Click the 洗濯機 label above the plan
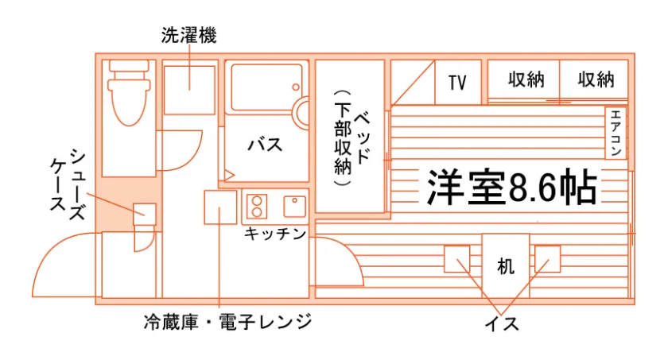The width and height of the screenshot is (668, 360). pos(188,35)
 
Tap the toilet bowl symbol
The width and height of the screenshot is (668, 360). pos(129,94)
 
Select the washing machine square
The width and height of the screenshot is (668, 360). pos(189,91)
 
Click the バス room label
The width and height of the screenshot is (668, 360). pos(266,145)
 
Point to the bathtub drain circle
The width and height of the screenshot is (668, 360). pos(296,87)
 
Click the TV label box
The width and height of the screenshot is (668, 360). pos(458,82)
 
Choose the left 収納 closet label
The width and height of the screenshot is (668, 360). pos(526,79)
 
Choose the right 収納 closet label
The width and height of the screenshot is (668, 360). pos(596,79)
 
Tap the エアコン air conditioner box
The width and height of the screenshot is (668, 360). pos(616,134)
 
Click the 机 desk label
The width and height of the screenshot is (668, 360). pos(506,267)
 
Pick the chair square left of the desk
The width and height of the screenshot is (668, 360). pos(457,259)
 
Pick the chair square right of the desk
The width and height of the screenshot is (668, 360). pos(547,259)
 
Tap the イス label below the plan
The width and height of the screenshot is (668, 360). pos(503,324)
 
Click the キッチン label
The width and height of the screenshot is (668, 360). pos(275,234)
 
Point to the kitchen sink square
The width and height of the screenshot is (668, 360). pos(295,207)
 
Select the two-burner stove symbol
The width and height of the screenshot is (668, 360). pos(257,207)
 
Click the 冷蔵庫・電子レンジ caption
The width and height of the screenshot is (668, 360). pos(228,322)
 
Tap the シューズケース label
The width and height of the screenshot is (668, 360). pos(68,184)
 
